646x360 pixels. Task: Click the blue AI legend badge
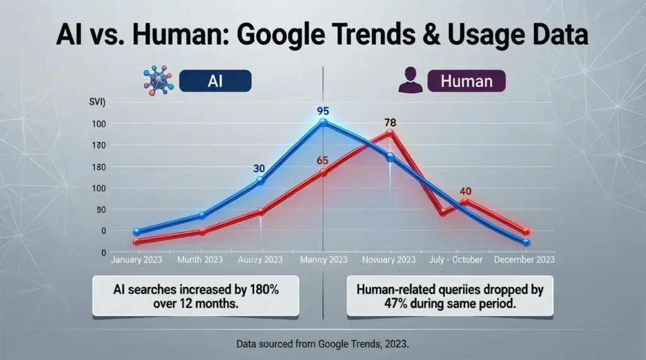[x=214, y=81]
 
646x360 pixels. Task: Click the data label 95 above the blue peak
[x=323, y=112]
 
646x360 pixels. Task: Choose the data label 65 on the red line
[x=323, y=160]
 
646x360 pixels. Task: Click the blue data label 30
[x=259, y=168]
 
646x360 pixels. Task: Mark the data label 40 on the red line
[x=466, y=192]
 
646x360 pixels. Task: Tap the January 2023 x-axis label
[x=136, y=260]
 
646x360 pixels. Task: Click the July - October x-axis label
[x=457, y=260]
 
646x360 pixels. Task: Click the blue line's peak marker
[x=323, y=122]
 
